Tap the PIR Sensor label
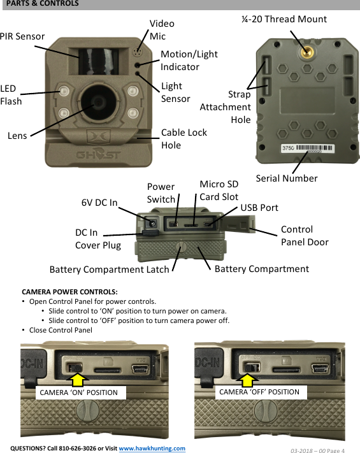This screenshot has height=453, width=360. point(22,36)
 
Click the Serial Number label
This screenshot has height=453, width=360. point(286,178)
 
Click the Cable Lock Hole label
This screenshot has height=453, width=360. point(184,139)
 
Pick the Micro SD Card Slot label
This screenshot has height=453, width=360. point(219,191)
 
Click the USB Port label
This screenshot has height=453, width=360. point(259,208)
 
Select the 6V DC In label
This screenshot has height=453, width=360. point(99,203)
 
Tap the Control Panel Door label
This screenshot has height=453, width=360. point(305,236)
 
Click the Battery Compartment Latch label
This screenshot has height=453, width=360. point(109,270)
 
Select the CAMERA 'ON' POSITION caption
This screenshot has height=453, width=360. point(79,392)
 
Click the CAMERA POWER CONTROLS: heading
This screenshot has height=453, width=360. point(69,291)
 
